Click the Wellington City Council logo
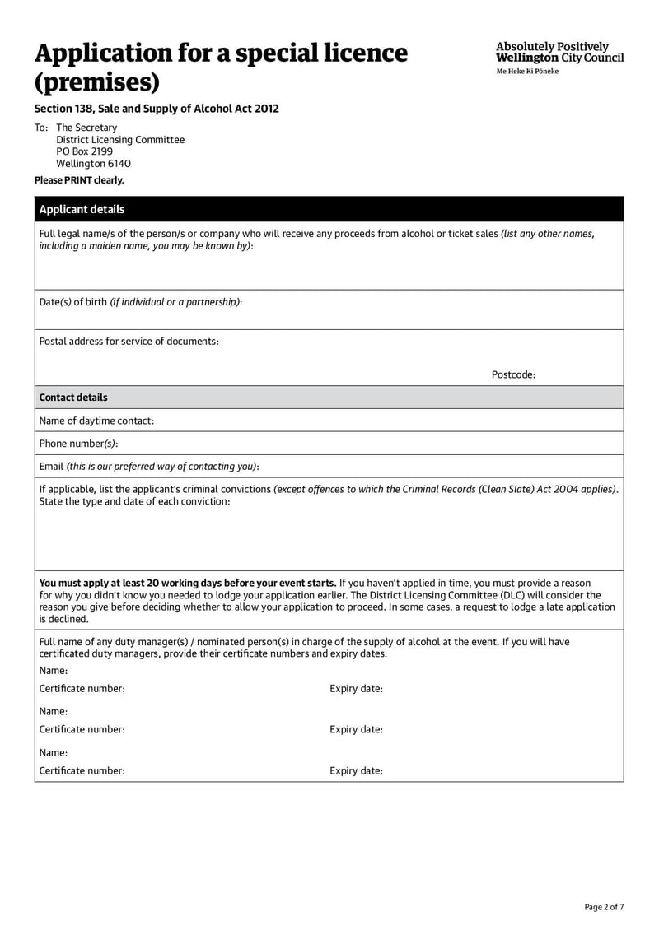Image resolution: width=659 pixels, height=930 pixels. pyautogui.click(x=559, y=53)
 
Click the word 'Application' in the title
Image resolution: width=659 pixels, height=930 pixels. pyautogui.click(x=114, y=53)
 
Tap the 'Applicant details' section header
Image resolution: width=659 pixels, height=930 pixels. pyautogui.click(x=82, y=209)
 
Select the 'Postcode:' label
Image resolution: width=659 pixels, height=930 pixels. pyautogui.click(x=513, y=374)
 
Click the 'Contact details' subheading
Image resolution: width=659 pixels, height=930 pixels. pyautogui.click(x=73, y=398)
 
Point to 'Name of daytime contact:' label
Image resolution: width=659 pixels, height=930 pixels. pyautogui.click(x=96, y=421)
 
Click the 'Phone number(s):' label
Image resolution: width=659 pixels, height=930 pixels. pyautogui.click(x=78, y=444)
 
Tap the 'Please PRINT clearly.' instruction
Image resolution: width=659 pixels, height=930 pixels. pyautogui.click(x=79, y=180)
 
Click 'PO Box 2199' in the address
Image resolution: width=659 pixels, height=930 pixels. pyautogui.click(x=84, y=151)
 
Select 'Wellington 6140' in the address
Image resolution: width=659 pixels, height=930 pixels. pyautogui.click(x=93, y=164)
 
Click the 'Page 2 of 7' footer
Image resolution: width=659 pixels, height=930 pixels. pyautogui.click(x=604, y=907)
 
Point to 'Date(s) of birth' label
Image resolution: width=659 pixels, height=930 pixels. pyautogui.click(x=73, y=302)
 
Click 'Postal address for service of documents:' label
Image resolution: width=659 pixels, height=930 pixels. pyautogui.click(x=129, y=341)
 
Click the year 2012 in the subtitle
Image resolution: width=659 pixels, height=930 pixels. pyautogui.click(x=267, y=109)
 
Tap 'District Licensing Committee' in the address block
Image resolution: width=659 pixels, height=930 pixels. pyautogui.click(x=120, y=140)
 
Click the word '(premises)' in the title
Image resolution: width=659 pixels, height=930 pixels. pyautogui.click(x=96, y=83)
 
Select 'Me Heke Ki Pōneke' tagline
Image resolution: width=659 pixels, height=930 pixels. pyautogui.click(x=526, y=72)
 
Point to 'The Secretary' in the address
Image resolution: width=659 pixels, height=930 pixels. pyautogui.click(x=86, y=128)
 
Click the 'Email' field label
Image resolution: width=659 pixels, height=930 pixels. pyautogui.click(x=51, y=467)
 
